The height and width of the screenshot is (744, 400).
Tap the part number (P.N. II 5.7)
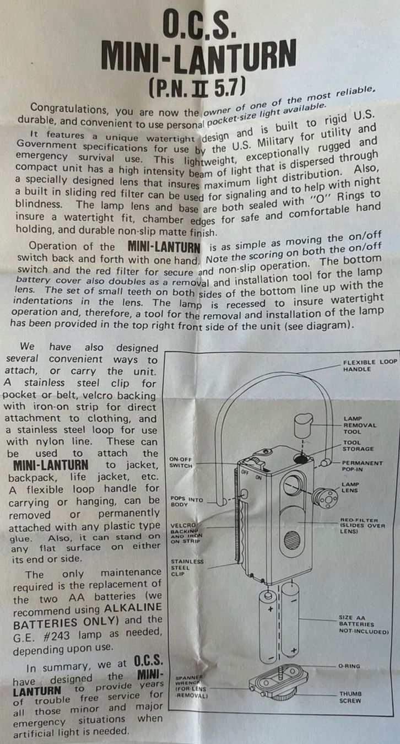pos(197,88)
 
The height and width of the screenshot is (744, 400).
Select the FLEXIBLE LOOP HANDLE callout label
pos(370,366)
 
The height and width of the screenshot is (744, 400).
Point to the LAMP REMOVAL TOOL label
pos(360,425)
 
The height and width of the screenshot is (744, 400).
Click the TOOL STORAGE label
pos(358,446)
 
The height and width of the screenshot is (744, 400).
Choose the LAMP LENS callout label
pos(350,487)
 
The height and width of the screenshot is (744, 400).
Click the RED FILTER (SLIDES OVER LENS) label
pos(362,526)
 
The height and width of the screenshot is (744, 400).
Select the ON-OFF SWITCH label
pos(181,462)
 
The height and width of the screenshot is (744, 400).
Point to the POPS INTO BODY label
pos(187,502)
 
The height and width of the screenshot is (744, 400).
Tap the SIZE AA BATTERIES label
pos(363,624)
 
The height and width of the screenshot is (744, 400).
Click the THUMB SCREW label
pos(350,697)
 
